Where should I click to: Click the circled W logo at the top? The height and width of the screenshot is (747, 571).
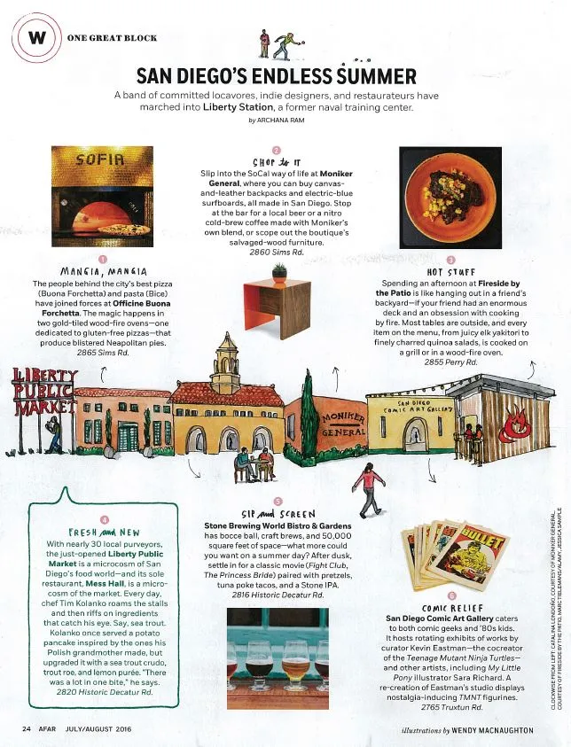tap(35, 38)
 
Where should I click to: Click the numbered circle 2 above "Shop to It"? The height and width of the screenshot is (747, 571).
tap(277, 150)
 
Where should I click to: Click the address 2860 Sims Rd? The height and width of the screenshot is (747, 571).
tap(277, 253)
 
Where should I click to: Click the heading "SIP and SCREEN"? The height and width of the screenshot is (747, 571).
tap(277, 513)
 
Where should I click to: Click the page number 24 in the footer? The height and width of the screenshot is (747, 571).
tap(27, 729)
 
